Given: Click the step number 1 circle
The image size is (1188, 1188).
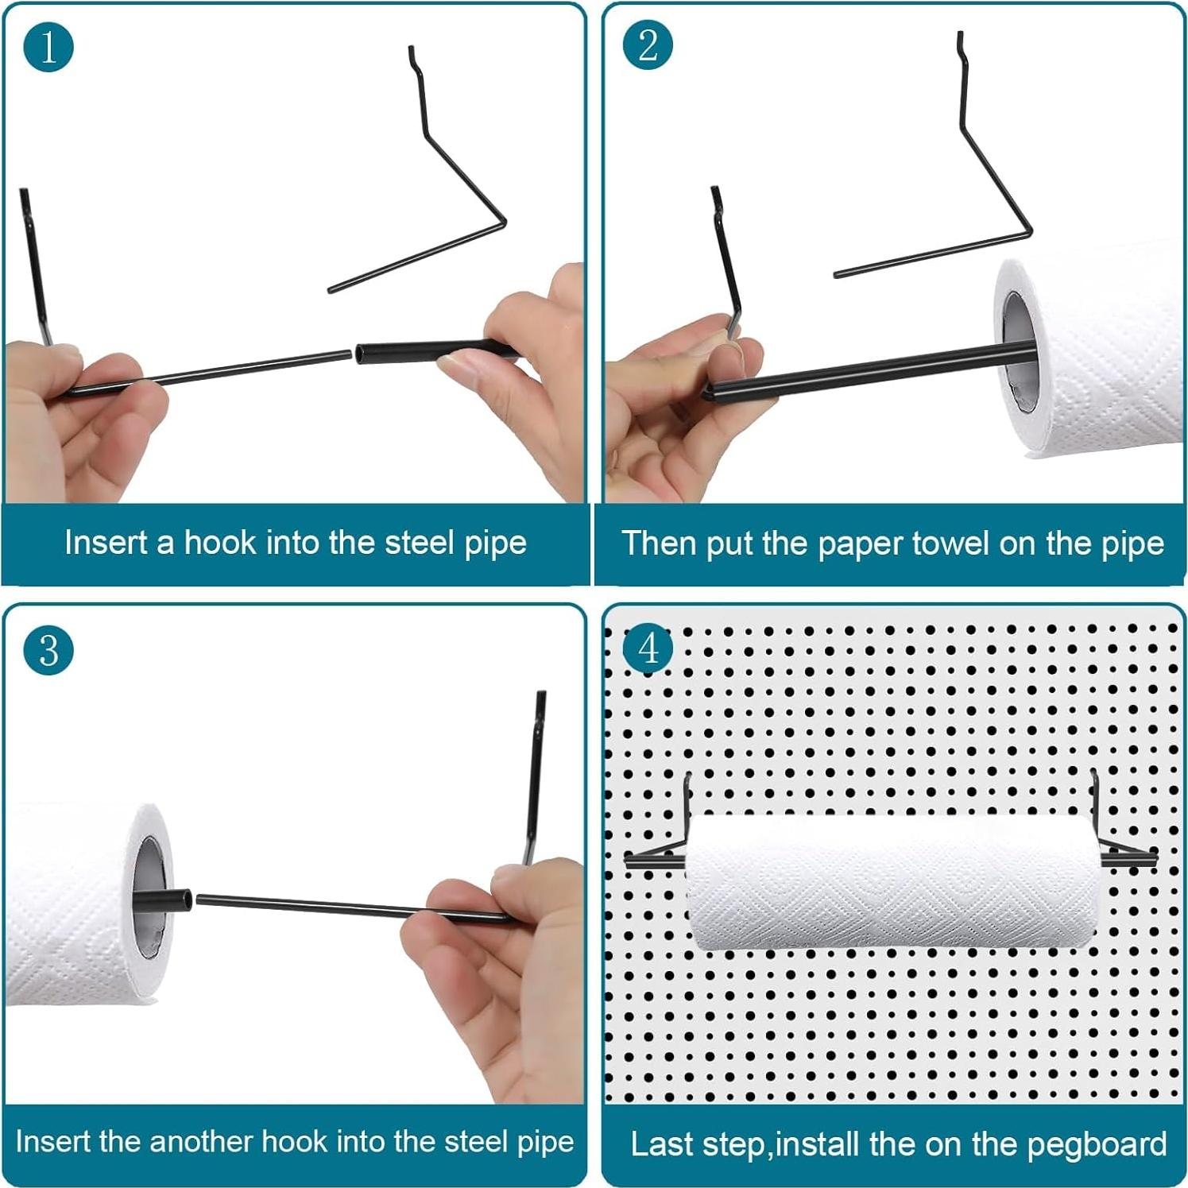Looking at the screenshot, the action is point(48,47).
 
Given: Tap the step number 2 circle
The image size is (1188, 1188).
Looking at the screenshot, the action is point(648,45).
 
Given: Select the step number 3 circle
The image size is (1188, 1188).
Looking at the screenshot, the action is point(48,650).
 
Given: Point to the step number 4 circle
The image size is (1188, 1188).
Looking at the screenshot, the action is point(648,648).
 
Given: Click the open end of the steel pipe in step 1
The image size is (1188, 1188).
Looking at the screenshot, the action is point(360,354).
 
